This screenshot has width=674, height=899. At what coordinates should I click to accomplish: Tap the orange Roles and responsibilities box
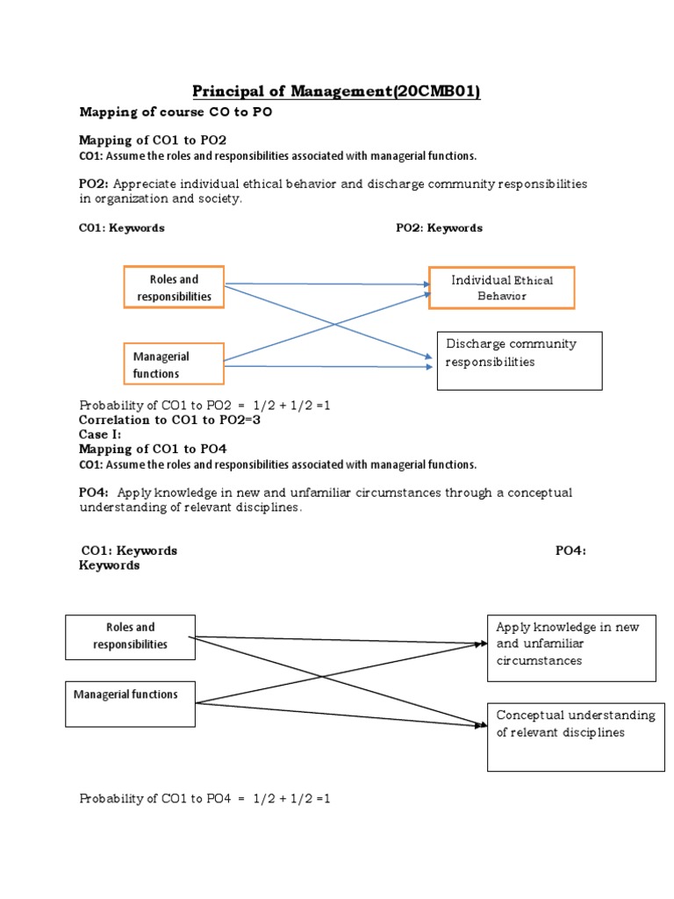(x=174, y=288)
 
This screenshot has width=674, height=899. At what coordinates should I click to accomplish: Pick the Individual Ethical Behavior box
(x=501, y=288)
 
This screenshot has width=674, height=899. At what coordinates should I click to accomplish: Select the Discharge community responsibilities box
(x=519, y=360)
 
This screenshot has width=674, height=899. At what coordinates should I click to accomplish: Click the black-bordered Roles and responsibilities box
(x=130, y=636)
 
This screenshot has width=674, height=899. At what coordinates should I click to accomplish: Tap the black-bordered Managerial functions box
(x=130, y=703)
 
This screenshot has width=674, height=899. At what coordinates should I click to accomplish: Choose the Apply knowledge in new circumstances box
(x=571, y=648)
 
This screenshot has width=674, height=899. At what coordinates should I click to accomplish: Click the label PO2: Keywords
(x=439, y=228)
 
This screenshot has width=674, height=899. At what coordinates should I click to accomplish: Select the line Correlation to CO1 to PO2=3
(x=169, y=420)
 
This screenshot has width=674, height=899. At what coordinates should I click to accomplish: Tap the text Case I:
(x=100, y=434)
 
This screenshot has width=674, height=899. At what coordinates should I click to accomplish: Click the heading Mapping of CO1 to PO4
(x=153, y=449)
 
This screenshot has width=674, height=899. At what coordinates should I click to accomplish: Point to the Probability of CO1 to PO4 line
(x=204, y=799)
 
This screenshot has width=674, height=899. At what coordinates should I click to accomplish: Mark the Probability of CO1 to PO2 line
(x=204, y=406)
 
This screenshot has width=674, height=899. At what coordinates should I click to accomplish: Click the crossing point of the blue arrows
(x=334, y=324)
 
